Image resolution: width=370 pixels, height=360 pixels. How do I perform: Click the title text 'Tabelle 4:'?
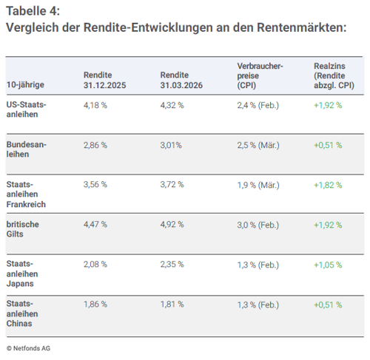[x=33, y=10]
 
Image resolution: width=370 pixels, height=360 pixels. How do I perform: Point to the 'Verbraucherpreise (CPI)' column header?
[x=259, y=75]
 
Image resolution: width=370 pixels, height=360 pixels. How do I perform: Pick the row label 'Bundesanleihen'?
[x=26, y=149]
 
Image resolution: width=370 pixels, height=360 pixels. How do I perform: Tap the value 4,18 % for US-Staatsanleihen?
[x=96, y=105]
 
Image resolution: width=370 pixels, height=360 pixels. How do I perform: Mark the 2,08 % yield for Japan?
[x=96, y=264]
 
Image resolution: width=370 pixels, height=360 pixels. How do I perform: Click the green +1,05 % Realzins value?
[x=328, y=264]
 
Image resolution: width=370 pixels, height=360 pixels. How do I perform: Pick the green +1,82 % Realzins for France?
[x=328, y=184]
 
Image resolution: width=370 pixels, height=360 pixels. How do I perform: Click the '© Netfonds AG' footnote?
[x=29, y=347]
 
